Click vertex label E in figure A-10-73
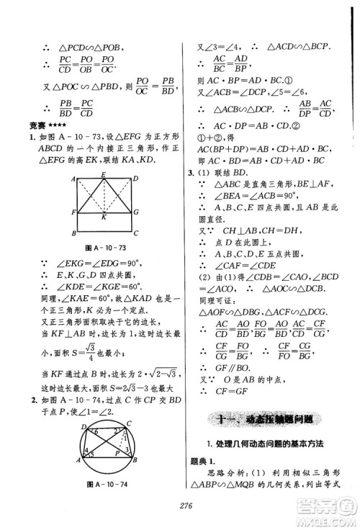(x=104, y=175)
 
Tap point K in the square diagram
(x=104, y=217)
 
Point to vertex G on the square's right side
(x=138, y=212)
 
